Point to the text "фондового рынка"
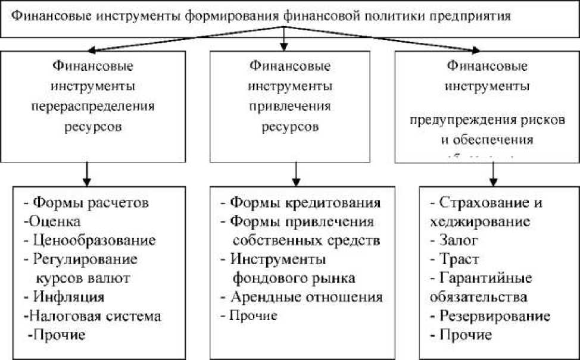(x=294, y=277)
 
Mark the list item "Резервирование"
(x=494, y=315)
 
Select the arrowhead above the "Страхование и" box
(x=493, y=180)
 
